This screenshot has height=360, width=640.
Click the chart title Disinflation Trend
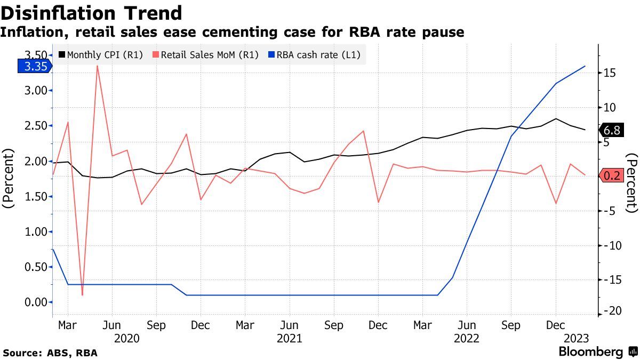(92, 13)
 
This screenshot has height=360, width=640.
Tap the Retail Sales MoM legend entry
(206, 54)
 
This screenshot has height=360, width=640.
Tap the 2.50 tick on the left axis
(36, 126)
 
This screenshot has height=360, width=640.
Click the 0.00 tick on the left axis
(36, 302)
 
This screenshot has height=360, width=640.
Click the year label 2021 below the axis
(290, 338)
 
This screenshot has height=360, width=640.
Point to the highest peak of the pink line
(97, 66)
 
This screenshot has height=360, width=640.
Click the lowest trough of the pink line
(82, 295)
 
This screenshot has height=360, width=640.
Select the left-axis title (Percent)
(10, 179)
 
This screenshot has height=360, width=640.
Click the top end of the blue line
(586, 66)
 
